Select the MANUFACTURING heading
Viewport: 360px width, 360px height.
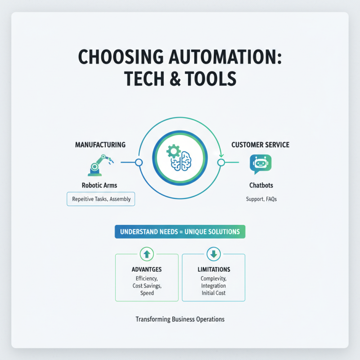point(100,145)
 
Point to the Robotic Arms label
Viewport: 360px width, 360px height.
point(100,185)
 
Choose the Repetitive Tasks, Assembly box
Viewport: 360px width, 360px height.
point(100,199)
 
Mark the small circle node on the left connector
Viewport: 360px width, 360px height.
point(139,162)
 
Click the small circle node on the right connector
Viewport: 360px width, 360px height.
point(221,162)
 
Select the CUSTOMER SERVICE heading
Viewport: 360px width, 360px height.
point(260,145)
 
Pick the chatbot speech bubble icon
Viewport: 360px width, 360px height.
point(261,164)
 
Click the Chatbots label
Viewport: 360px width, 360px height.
point(261,185)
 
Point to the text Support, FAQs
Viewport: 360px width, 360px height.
point(261,199)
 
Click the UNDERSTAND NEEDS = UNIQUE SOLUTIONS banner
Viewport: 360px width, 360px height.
point(180,232)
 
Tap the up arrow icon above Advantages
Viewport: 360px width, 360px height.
point(147,254)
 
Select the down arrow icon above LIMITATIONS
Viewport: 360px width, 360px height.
point(213,254)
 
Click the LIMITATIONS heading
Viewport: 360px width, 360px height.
point(214,270)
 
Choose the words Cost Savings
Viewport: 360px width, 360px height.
point(147,286)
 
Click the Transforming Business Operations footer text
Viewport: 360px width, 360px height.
point(180,319)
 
